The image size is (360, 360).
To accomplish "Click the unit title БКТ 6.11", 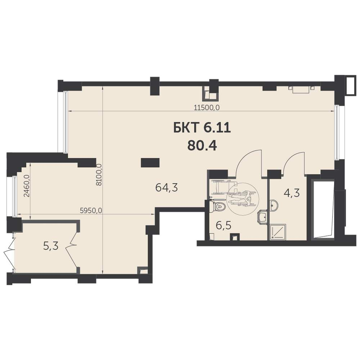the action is [x=202, y=128].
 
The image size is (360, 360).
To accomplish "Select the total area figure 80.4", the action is [x=202, y=145].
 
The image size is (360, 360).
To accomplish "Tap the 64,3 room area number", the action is [x=167, y=188].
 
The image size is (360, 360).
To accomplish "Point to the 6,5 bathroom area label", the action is [x=224, y=225].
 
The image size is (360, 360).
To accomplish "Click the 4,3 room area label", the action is [x=292, y=193].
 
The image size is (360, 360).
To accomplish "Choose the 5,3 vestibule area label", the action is [x=51, y=246].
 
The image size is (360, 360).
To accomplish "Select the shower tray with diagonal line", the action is [x=278, y=231].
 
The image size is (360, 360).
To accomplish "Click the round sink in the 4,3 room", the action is [x=274, y=205].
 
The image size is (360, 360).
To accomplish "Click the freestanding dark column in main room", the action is [x=150, y=163].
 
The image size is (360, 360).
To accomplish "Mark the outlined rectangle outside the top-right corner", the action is [x=352, y=85].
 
